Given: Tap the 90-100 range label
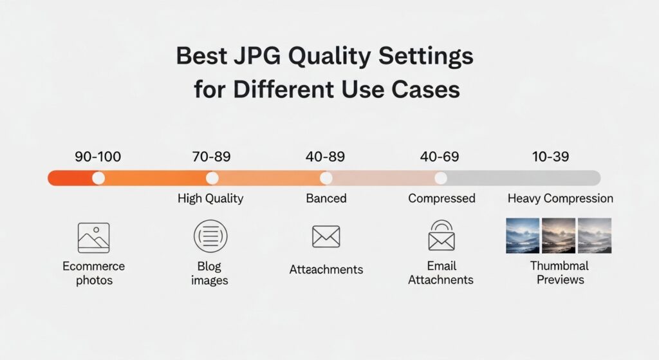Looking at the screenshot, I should [97, 156].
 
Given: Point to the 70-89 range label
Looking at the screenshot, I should [211, 156].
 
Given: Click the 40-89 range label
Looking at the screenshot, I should [326, 156].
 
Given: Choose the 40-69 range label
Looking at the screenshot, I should [440, 156].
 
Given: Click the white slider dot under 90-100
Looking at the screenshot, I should [98, 178].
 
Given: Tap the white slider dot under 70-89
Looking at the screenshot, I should [212, 178].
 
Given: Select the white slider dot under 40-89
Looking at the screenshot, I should [326, 178].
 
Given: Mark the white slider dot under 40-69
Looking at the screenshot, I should [441, 178].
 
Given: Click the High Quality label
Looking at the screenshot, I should [210, 198].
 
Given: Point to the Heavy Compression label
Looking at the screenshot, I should [560, 198].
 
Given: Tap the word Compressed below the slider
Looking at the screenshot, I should [441, 198].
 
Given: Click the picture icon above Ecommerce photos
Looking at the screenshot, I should [93, 238].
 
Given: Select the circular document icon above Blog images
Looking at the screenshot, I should [210, 236].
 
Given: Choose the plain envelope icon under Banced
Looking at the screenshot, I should [326, 236].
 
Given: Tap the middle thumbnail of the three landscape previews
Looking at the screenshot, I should [559, 235].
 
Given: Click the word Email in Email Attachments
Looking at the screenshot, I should [441, 266].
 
